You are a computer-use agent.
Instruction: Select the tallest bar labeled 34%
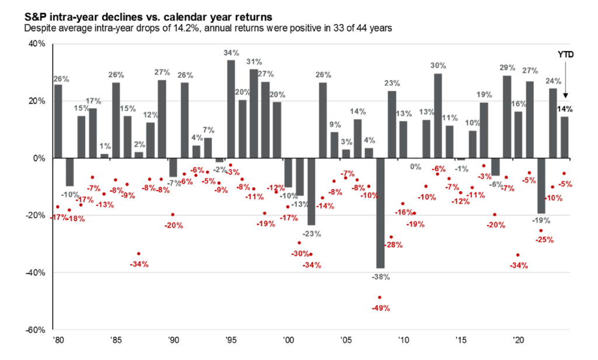pyautogui.click(x=231, y=109)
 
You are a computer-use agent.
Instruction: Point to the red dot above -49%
pyautogui.click(x=380, y=297)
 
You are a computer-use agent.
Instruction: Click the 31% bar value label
pyautogui.click(x=254, y=61)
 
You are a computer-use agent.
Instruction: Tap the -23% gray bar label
pyautogui.click(x=313, y=233)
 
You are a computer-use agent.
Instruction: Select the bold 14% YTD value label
pyautogui.click(x=565, y=109)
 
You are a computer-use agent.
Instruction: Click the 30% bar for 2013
pyautogui.click(x=437, y=116)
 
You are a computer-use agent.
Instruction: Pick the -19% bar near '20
pyautogui.click(x=541, y=185)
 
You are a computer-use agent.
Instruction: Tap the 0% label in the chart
pyautogui.click(x=415, y=167)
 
